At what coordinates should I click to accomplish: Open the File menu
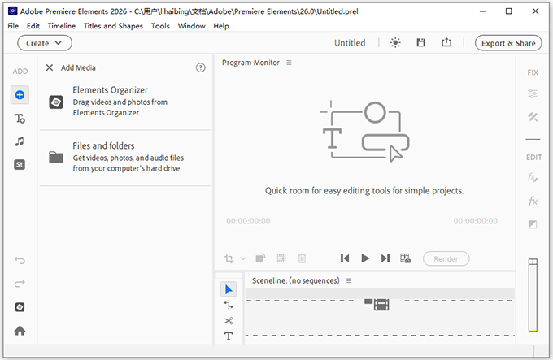[12, 26]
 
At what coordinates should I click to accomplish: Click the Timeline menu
[61, 26]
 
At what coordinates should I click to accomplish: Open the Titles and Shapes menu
[113, 26]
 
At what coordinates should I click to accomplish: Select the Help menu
[221, 26]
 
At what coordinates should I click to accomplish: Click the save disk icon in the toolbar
[421, 43]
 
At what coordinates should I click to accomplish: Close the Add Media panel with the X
[50, 68]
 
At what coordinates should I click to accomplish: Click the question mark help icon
[201, 68]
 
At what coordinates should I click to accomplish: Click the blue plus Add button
[20, 95]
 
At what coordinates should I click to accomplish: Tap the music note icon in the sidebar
[20, 141]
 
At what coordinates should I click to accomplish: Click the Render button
[446, 258]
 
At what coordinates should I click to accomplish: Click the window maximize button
[509, 11]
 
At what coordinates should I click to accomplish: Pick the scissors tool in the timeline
[229, 320]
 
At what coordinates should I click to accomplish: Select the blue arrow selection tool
[229, 289]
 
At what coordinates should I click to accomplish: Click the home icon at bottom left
[20, 331]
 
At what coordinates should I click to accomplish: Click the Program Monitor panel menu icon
[289, 63]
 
